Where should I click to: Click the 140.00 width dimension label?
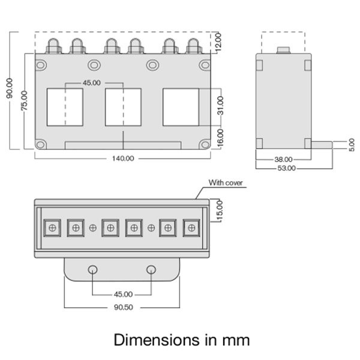(122, 158)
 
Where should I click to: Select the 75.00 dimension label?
(24, 100)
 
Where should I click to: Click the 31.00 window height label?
(220, 106)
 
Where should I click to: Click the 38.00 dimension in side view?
(283, 160)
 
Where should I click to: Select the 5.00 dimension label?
(350, 144)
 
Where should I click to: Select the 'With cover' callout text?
(226, 182)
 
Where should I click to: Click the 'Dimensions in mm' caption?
(181, 340)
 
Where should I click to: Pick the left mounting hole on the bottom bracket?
(93, 269)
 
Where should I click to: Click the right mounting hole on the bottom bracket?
(152, 269)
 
